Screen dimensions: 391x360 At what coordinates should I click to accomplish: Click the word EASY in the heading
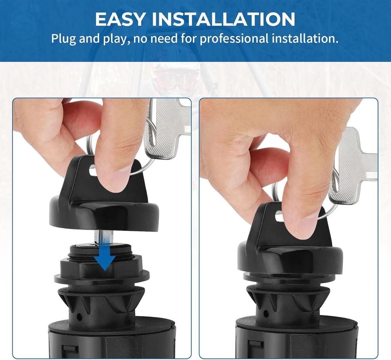(120, 19)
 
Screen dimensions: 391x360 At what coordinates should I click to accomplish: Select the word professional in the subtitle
(234, 39)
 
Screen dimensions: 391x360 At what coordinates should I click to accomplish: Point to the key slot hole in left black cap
(93, 170)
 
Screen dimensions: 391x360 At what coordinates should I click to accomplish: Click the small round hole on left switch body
(79, 317)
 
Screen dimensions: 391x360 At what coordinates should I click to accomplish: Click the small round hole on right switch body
(266, 313)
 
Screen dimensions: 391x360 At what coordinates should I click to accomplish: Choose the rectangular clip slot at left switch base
(67, 352)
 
